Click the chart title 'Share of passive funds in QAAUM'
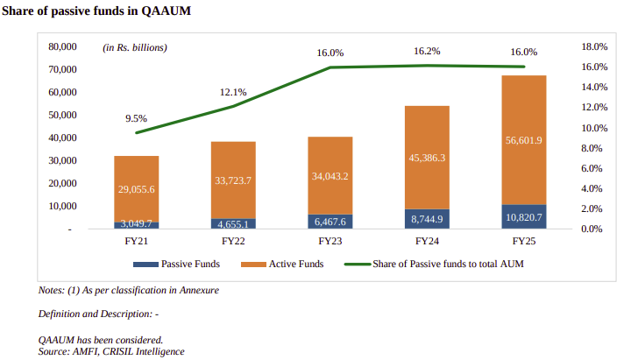click(96, 11)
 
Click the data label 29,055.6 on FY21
click(136, 189)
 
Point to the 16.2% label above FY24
click(427, 52)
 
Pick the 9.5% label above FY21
click(136, 118)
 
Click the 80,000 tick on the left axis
click(62, 46)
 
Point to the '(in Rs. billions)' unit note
click(135, 46)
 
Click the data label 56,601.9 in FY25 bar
click(524, 140)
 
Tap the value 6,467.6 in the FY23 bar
click(330, 222)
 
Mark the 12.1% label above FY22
click(233, 92)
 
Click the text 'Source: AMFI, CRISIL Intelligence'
click(111, 350)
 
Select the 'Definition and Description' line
click(97, 314)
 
